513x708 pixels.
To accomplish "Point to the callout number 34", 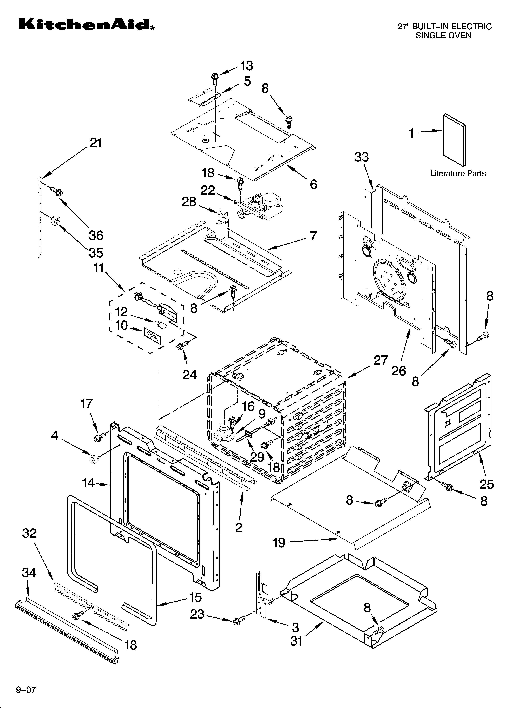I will (x=29, y=573).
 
